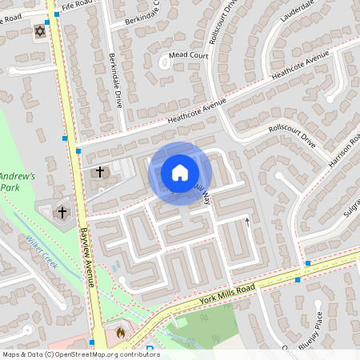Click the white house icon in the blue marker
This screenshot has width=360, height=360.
click(180, 173)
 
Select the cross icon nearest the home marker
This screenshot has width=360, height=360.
click(100, 171)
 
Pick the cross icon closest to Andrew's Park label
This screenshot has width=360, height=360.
click(63, 213)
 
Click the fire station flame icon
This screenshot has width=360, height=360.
click(121, 330)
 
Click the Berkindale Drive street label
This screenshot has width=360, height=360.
click(115, 81)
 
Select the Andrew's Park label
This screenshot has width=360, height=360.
click(18, 181)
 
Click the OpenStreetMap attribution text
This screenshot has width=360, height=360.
click(80, 354)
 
